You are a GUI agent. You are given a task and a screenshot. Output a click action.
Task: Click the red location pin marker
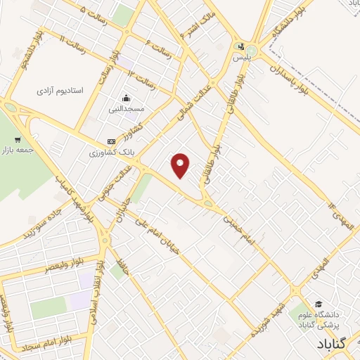coord(181,165)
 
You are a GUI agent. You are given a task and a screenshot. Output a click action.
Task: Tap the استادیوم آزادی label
coord(60,91)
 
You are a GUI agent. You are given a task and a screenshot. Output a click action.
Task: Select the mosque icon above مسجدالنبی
coord(126,98)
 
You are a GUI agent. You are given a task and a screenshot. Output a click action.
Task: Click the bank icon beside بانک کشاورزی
coord(111,141)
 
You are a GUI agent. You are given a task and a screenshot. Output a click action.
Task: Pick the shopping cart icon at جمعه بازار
coord(18,139)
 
